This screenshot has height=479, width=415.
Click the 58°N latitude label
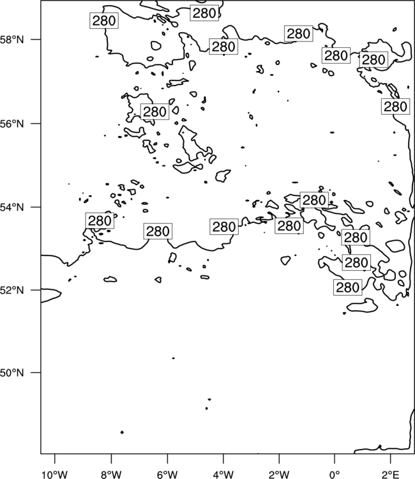click(x=12, y=40)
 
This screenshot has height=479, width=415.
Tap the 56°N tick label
click(x=12, y=124)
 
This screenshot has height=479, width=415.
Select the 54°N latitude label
click(x=12, y=207)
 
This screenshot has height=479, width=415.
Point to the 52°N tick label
click(x=12, y=290)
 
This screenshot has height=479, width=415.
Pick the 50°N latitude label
click(x=12, y=373)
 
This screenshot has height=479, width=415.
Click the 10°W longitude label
click(x=55, y=475)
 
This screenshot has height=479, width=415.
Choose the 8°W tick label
click(x=111, y=475)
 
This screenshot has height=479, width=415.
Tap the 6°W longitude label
click(x=167, y=475)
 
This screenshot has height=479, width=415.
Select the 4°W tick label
click(x=223, y=475)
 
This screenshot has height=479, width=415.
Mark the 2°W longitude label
click(x=279, y=475)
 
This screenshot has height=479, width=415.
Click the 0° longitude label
click(x=335, y=475)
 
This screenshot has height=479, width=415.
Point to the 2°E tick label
click(x=391, y=475)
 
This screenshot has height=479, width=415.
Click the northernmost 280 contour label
click(x=204, y=13)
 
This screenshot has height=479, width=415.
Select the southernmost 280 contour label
click(x=348, y=287)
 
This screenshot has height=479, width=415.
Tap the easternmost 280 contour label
click(x=395, y=107)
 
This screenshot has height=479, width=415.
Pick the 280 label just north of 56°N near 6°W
click(x=155, y=112)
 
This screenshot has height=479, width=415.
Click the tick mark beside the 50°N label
click(x=35, y=372)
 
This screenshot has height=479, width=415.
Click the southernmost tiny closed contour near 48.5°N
click(x=122, y=432)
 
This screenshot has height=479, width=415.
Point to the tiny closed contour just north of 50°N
click(x=174, y=358)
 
